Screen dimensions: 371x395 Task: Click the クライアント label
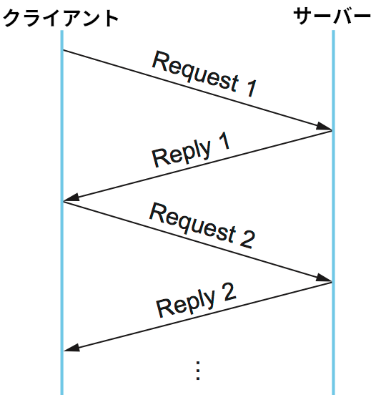click(61, 18)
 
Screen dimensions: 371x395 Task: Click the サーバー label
click(332, 16)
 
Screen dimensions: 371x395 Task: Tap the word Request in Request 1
click(195, 70)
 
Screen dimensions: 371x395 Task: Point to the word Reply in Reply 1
click(182, 153)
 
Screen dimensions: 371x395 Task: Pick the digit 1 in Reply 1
click(224, 142)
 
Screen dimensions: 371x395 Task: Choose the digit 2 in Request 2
click(247, 239)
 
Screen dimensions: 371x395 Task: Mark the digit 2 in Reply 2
click(229, 292)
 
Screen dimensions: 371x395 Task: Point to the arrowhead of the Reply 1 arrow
click(71, 197)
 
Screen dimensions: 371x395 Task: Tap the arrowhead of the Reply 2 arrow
click(71, 347)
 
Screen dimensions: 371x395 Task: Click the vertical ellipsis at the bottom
click(198, 371)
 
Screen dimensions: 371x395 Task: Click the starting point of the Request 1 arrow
click(63, 50)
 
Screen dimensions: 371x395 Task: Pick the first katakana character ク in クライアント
click(12, 18)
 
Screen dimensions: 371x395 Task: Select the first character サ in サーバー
click(303, 16)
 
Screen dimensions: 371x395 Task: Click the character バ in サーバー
click(343, 16)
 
